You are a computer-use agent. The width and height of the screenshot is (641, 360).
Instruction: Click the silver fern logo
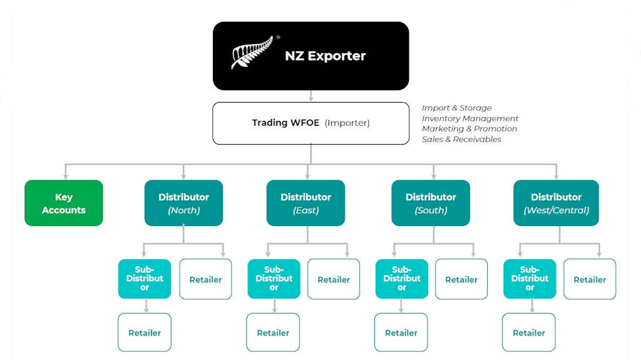252,53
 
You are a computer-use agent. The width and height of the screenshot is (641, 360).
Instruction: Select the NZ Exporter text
325,56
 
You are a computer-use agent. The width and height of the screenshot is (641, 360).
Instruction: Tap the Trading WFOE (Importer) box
310,123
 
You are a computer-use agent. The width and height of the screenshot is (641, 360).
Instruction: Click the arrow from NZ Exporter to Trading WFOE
311,96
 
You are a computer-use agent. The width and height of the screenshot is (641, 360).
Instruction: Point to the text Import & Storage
456,108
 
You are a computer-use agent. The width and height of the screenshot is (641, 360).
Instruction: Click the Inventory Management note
469,118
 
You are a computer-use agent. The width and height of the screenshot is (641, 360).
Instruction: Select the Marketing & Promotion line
469,129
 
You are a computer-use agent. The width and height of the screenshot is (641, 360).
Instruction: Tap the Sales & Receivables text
461,139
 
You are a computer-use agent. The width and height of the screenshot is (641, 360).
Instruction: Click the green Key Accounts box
63,203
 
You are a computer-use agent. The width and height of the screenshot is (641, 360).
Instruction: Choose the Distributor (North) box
183,203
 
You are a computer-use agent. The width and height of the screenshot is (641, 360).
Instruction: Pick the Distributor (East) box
305,203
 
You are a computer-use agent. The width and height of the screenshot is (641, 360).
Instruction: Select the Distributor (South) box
431,203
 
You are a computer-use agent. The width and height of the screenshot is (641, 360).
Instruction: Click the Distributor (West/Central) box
556,203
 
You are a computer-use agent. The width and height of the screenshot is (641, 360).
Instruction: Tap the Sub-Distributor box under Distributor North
145,279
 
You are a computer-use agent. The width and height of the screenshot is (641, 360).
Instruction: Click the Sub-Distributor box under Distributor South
401,279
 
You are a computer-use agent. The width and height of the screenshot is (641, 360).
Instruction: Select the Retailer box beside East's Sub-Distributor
334,279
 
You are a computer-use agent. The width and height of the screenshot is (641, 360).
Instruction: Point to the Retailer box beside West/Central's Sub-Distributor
590,279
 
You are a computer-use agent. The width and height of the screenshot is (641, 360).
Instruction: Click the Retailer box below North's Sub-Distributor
145,332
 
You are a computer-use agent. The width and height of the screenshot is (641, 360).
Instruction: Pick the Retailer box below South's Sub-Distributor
401,332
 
